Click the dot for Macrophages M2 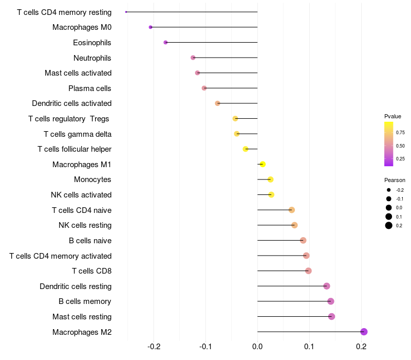[x=364, y=332]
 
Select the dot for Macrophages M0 [x=151, y=27]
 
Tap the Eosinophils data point [x=165, y=42]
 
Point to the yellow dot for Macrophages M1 [x=263, y=165]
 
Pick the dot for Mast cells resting [x=331, y=316]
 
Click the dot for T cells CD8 [x=308, y=271]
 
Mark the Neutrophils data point [x=193, y=58]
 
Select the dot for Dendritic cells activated [x=217, y=103]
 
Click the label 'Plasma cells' [x=90, y=88]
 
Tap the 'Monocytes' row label [x=92, y=179]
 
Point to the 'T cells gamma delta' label [x=78, y=134]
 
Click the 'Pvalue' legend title [x=393, y=116]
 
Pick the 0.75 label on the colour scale [x=400, y=133]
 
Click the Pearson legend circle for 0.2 [x=389, y=225]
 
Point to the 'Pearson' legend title [x=395, y=181]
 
